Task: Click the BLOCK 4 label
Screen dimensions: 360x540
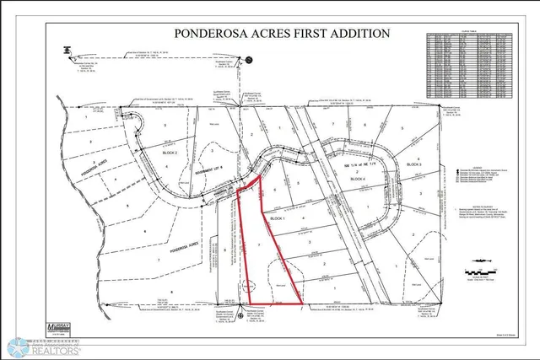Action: click(358, 180)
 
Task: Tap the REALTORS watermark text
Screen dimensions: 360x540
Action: click(57, 348)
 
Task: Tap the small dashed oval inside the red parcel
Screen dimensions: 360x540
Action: click(248, 285)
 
